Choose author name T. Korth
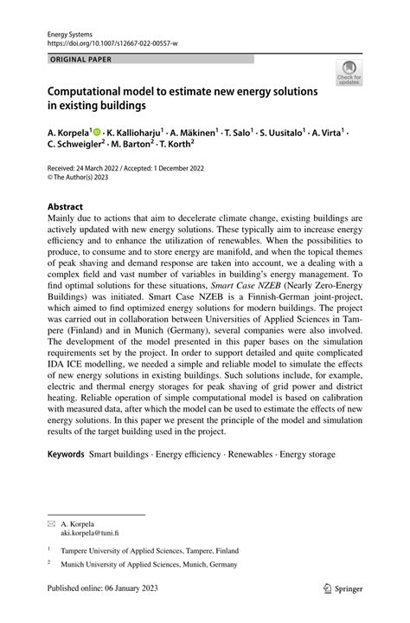[x=173, y=146]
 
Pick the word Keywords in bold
[x=66, y=453]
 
